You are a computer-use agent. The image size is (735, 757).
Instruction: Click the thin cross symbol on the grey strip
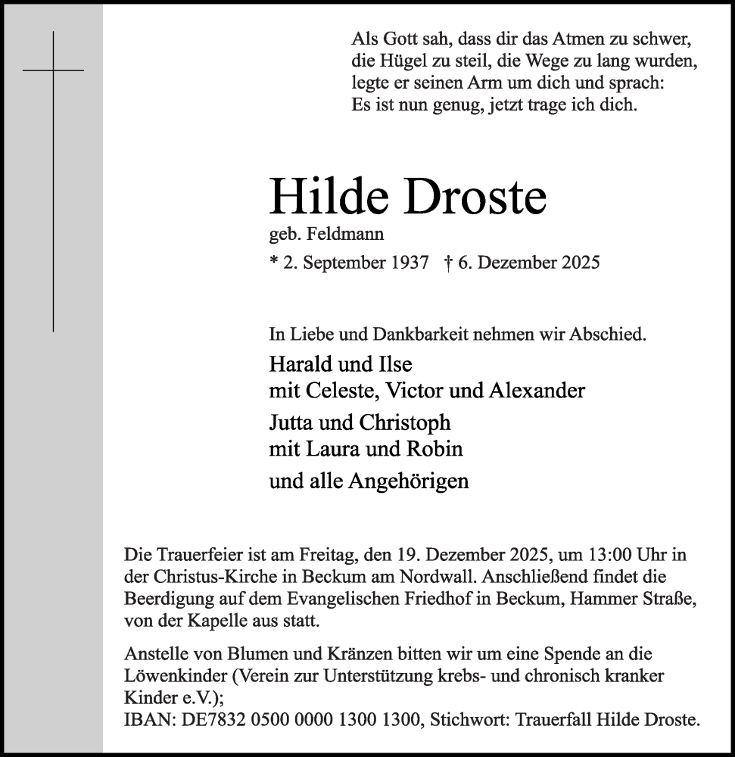point(53,70)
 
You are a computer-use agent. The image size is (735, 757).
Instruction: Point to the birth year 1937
point(409,263)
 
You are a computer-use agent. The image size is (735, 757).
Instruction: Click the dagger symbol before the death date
point(449,263)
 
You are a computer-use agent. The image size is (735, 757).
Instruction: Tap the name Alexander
point(537,391)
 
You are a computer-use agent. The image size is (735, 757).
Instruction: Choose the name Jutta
point(292,422)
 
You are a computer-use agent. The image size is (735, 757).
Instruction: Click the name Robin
point(437,449)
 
